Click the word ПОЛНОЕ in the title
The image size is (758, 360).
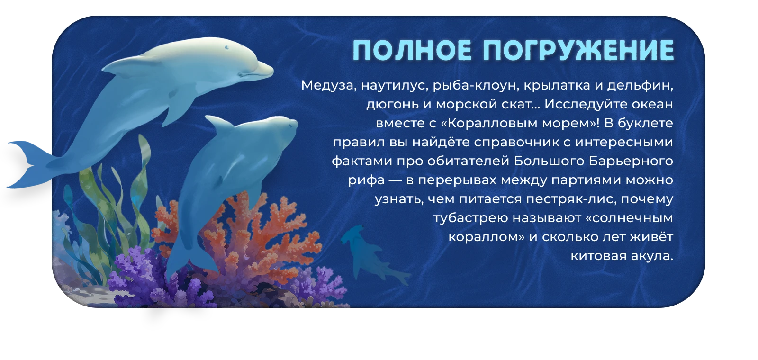[x=412, y=51]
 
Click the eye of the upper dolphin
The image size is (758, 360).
[x=227, y=48]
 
